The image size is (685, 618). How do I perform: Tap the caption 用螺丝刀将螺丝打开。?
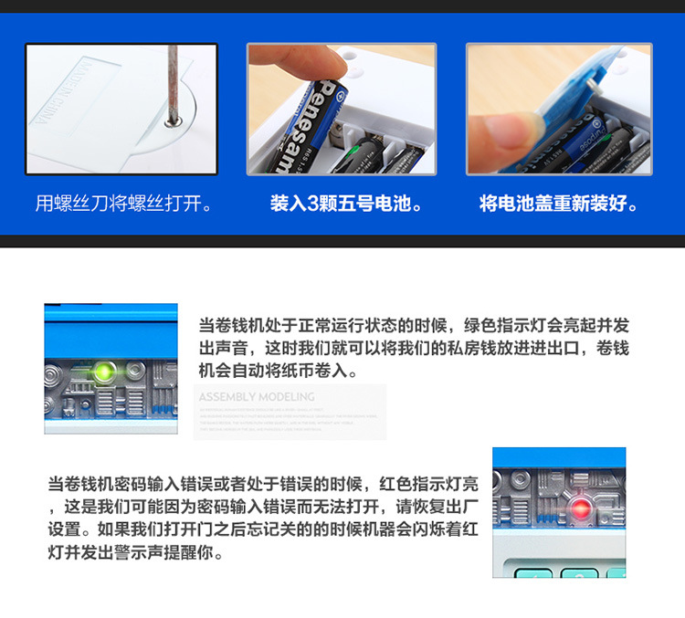click(124, 203)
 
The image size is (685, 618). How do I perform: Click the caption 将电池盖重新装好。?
click(559, 203)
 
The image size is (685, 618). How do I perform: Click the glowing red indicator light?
click(577, 508)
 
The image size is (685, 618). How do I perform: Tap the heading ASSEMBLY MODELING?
click(257, 397)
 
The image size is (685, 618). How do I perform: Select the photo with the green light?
click(111, 369)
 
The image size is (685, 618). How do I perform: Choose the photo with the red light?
click(559, 512)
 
